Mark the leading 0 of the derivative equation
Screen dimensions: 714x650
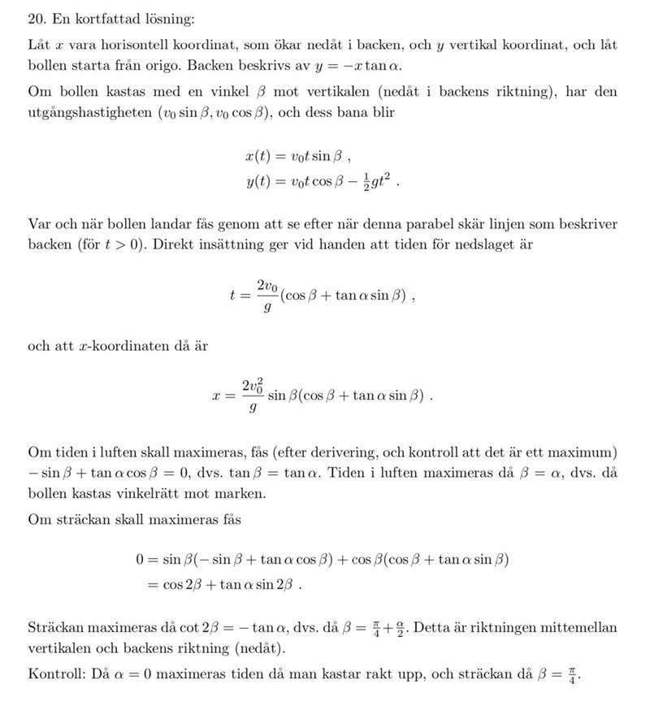coord(140,560)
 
